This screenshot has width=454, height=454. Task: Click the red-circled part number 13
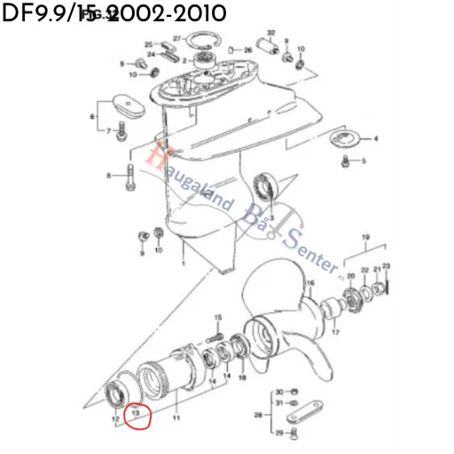137,413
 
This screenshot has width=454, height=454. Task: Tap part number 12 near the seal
116,417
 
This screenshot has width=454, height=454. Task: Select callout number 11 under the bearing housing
176,417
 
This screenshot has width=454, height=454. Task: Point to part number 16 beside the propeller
309,285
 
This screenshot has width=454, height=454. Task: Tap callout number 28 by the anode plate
257,415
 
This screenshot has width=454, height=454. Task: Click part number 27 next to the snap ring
177,39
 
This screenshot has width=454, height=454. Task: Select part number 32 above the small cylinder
270,33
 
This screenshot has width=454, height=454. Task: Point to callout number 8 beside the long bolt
109,176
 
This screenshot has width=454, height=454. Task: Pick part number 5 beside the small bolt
364,161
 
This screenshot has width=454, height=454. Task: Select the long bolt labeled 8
131,176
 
